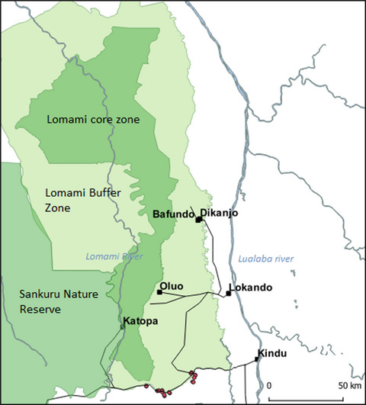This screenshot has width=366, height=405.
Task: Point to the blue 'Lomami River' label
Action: click(x=114, y=257)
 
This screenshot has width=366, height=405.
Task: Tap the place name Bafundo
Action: click(x=174, y=214)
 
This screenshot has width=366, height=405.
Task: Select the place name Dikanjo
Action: click(x=219, y=214)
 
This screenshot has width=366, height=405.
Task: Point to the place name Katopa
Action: click(x=140, y=321)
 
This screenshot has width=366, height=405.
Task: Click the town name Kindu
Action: click(x=274, y=353)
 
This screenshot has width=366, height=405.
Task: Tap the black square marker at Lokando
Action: click(x=228, y=294)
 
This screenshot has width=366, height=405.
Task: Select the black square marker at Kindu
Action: click(x=258, y=358)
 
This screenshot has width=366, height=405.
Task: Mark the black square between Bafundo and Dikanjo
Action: click(x=198, y=220)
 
